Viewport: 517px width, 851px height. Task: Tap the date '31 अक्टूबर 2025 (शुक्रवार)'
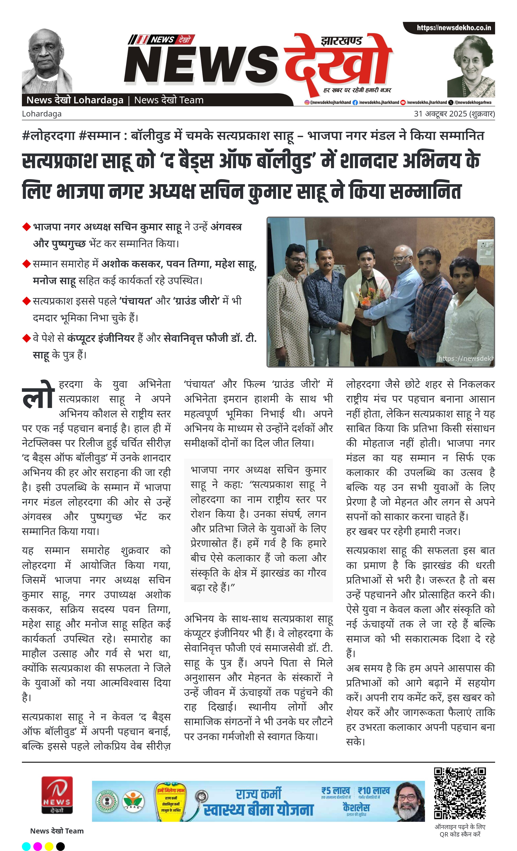coord(454,114)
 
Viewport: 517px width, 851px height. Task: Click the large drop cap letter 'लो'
coord(38,395)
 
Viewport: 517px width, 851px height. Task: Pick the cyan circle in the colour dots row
coord(26,846)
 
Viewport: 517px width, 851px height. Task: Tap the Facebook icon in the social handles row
coord(355,102)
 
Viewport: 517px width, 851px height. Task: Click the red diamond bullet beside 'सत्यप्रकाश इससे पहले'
coord(26,301)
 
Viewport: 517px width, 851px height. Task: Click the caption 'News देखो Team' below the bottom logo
coord(57,831)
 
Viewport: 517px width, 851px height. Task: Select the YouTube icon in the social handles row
coord(403,102)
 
